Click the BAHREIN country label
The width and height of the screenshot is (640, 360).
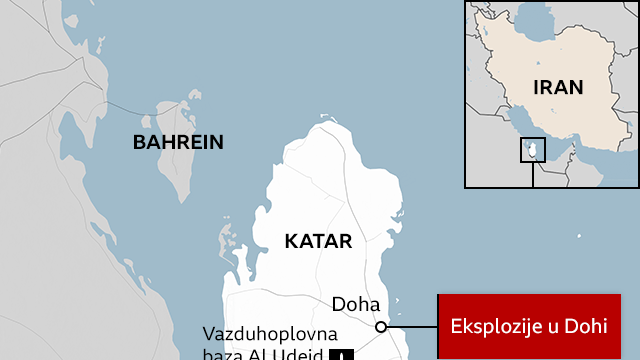point(178,142)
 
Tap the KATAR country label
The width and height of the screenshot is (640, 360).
point(318,241)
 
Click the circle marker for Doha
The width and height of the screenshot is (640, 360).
point(381,326)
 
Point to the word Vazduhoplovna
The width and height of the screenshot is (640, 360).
point(270,334)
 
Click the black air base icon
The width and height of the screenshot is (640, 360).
point(345,354)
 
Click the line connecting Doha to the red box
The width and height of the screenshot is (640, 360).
point(412,326)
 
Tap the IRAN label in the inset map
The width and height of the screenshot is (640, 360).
point(558,87)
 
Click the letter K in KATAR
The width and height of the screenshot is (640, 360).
point(291,241)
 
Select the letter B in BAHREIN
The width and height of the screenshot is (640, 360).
point(139,142)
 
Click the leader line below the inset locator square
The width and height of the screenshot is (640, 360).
point(533,175)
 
